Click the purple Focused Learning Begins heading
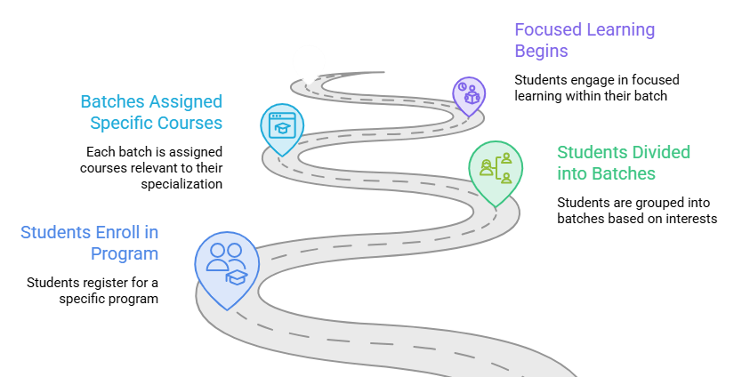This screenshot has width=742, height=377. tap(585, 40)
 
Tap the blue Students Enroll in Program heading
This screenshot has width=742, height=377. tap(90, 243)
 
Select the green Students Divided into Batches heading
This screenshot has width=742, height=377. tap(624, 163)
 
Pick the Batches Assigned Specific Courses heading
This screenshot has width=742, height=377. tap(151, 112)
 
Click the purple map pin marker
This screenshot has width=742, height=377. tap(469, 96)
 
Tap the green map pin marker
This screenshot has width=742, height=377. tap(496, 172)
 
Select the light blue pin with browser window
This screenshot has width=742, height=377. tap(282, 129)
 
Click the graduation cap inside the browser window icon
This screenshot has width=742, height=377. tap(283, 129)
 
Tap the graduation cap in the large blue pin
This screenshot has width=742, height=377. tap(237, 277)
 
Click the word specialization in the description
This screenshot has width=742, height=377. tap(181, 184)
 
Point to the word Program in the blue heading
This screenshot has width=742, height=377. tap(125, 254)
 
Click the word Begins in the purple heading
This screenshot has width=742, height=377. tap(541, 51)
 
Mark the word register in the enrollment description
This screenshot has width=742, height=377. tap(112, 283)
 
